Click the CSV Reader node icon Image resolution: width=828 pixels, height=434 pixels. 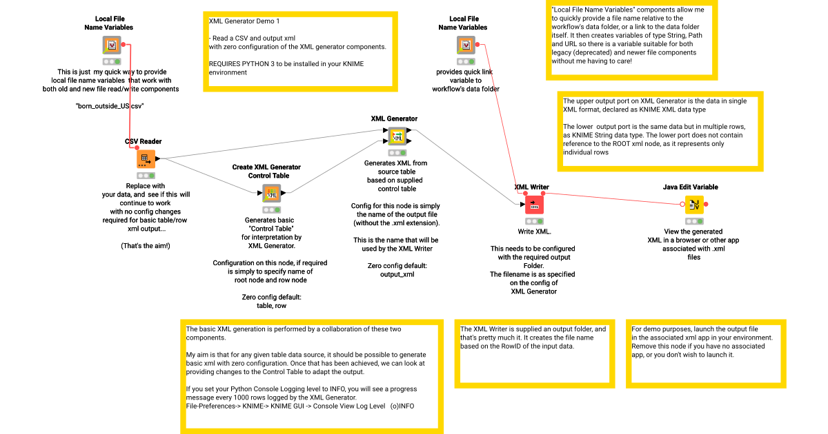tap(146, 159)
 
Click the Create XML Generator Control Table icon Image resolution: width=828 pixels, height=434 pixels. tap(271, 193)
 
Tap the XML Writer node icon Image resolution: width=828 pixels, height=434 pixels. tap(534, 205)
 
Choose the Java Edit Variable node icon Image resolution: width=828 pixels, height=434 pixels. tap(693, 205)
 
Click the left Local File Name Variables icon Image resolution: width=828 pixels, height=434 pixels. tap(111, 45)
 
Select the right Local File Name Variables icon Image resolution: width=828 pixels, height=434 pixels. tap(466, 45)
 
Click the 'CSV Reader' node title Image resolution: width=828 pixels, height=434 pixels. tap(144, 142)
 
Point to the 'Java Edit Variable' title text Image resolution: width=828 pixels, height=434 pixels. tap(690, 187)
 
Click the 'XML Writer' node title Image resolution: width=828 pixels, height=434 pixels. tap(531, 187)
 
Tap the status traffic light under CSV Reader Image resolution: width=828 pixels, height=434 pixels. tap(146, 176)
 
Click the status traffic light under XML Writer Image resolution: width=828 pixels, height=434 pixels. tap(534, 221)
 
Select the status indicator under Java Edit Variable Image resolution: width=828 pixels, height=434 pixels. tap(693, 221)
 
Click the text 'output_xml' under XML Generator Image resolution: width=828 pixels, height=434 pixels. tap(397, 274)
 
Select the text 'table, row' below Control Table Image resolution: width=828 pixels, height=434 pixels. tap(271, 306)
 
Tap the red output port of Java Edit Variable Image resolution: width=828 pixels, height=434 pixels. tap(705, 205)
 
